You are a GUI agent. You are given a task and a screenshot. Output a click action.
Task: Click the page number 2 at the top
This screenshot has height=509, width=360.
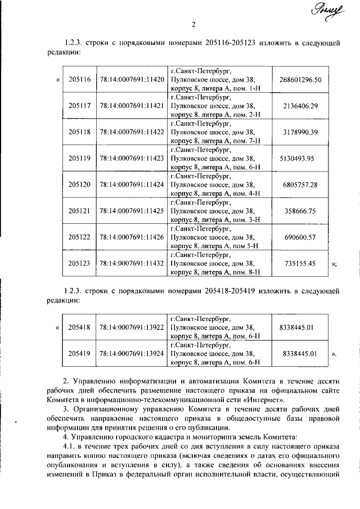[193, 24]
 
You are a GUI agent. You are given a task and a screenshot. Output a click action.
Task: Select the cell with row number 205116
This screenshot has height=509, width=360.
[79, 79]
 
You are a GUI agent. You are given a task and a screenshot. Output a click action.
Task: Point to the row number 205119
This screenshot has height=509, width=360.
[79, 158]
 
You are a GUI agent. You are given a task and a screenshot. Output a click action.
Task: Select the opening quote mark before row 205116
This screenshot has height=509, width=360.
[58, 79]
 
